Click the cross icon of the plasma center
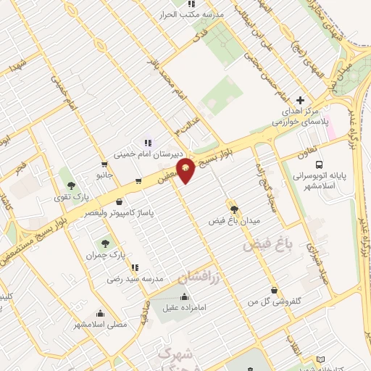(300, 99)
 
